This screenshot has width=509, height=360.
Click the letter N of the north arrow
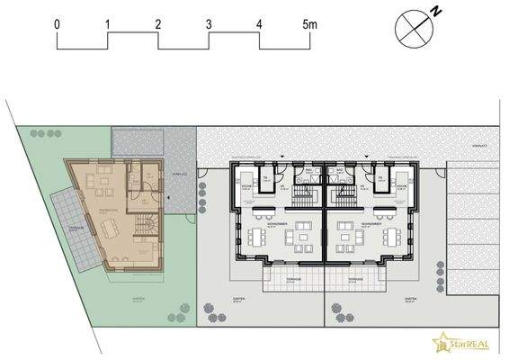click(x=434, y=11)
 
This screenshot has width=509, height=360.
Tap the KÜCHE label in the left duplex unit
click(x=246, y=186)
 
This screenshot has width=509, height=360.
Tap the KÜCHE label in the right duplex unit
click(x=402, y=186)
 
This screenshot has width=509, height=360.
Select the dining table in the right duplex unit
click(x=394, y=236)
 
